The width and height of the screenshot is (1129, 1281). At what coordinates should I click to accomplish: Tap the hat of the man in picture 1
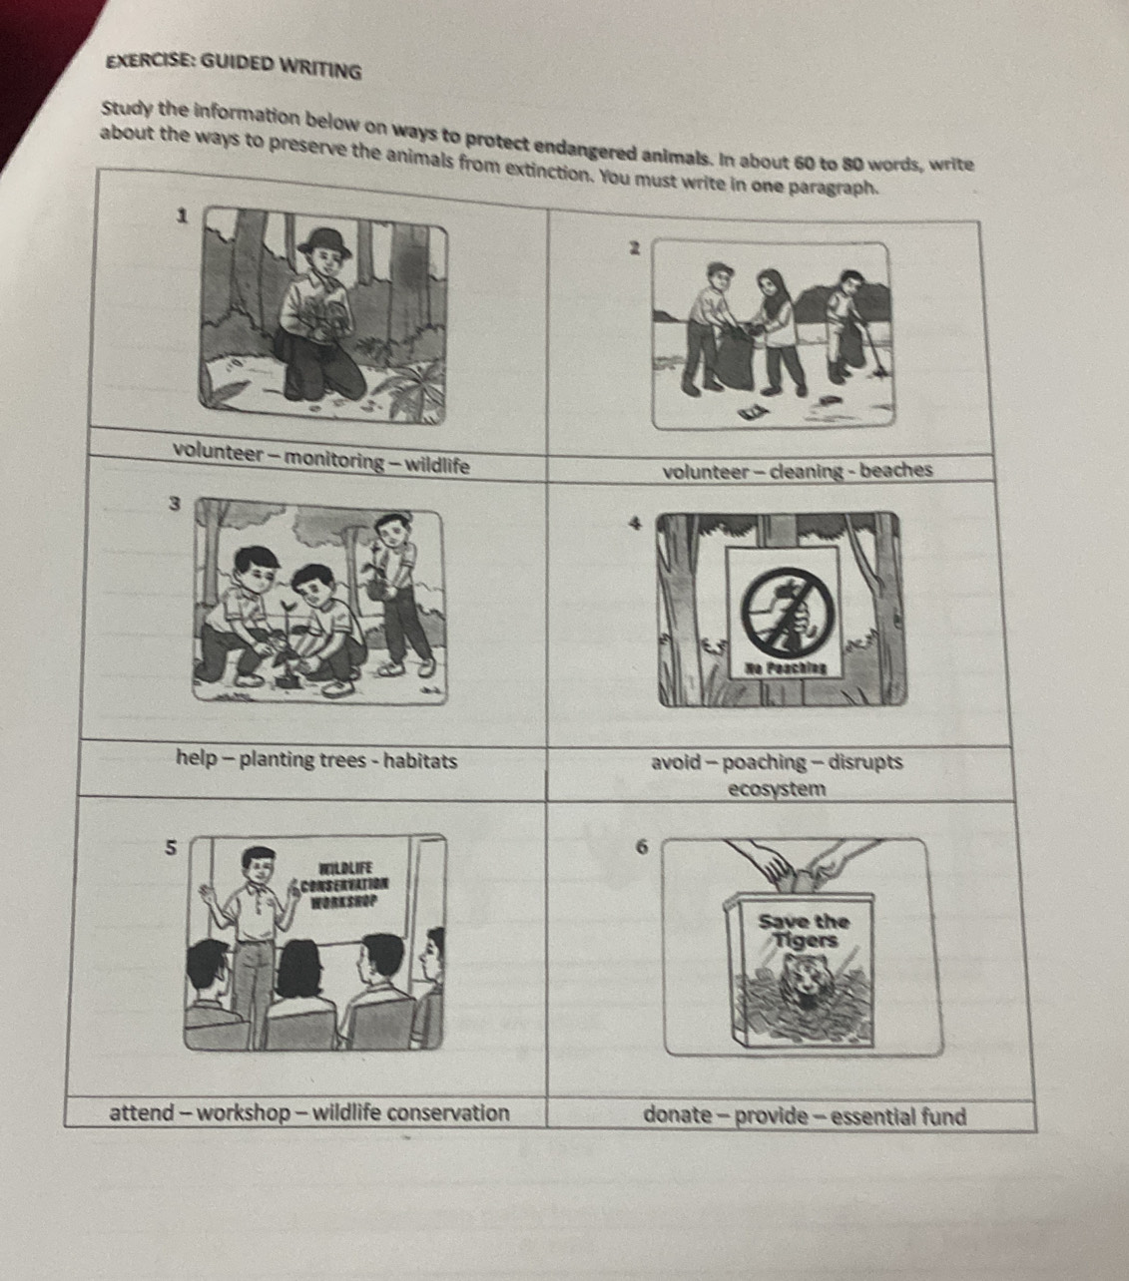coord(324,240)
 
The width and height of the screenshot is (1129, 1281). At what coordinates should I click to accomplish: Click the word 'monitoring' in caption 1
coord(333,460)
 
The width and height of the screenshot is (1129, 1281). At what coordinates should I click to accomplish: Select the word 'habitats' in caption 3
coord(420,760)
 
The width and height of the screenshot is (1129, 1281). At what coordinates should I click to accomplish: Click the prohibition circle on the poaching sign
coord(787,612)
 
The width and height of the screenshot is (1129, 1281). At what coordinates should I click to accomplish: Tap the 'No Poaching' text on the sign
coord(786,667)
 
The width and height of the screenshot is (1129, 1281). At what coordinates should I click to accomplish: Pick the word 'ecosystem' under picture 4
coord(778,789)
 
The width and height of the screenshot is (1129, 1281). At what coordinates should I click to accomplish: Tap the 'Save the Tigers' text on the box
coord(804,931)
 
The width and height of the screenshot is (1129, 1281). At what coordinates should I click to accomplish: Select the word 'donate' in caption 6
coord(678,1115)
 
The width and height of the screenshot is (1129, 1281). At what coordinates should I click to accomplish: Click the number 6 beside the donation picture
coord(642,848)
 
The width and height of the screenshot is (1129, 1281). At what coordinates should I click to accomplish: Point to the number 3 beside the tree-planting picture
coord(175,505)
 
